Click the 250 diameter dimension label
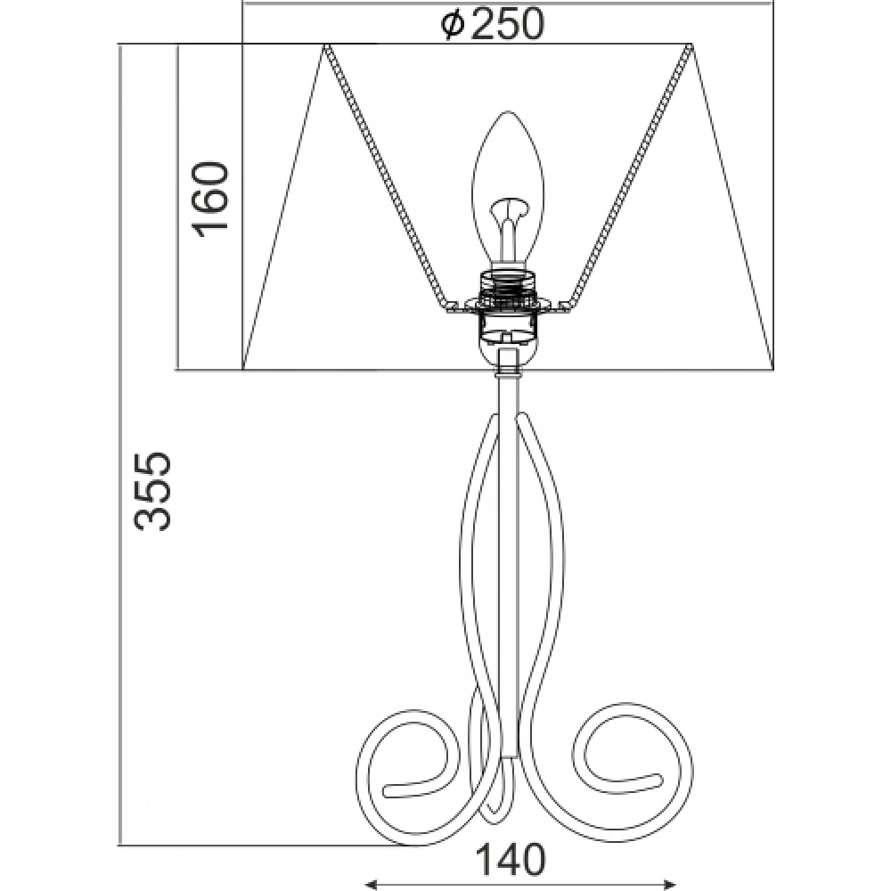[x=493, y=24]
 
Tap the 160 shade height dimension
[x=209, y=196]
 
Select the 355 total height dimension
[x=151, y=492]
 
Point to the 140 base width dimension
[x=510, y=860]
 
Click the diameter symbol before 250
[x=454, y=25]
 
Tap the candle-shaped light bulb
[x=508, y=187]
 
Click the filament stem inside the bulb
[x=509, y=230]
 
